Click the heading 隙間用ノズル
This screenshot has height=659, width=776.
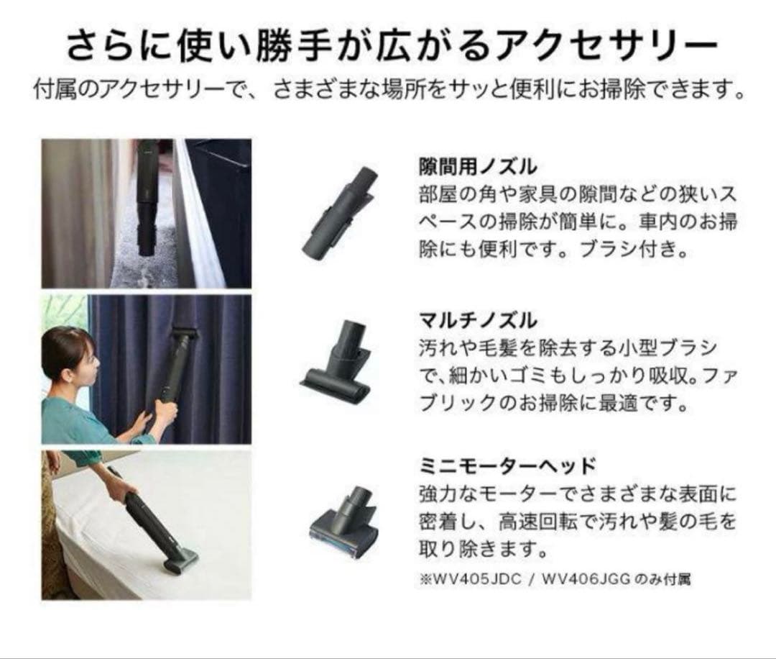(x=477, y=167)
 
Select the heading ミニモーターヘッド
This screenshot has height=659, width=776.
(x=507, y=465)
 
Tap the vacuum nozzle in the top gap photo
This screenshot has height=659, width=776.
(x=147, y=216)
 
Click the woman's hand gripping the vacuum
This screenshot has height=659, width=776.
(x=163, y=412)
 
